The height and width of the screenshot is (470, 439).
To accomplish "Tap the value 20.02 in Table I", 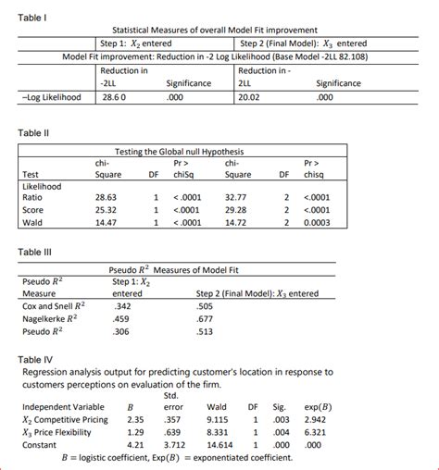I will [x=251, y=96].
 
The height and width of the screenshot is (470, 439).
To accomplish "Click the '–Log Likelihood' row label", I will [x=51, y=96].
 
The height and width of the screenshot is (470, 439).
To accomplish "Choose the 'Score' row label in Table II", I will [x=33, y=209].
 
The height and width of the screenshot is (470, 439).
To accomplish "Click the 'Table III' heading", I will [x=36, y=252].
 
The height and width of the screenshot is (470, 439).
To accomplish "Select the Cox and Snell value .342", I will [x=121, y=304].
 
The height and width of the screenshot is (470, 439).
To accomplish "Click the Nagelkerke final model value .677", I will [x=206, y=318].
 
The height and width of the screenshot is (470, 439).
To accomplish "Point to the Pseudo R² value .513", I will [x=206, y=330].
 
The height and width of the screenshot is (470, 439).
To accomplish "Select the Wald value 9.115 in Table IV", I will [x=218, y=418].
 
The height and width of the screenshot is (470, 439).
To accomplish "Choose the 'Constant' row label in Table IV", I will [x=41, y=444].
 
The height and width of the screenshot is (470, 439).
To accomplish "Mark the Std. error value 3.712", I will [x=175, y=444].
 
